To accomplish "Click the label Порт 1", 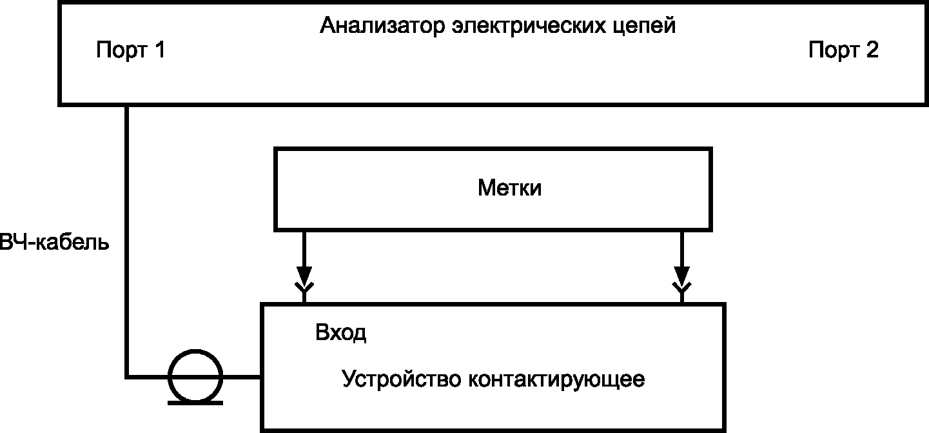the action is pos(131,50).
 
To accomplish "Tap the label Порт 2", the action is pos(843,50).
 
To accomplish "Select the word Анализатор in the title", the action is pos(382,26).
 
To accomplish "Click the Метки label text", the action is pos(509,188).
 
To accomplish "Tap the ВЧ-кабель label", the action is pos(54,242).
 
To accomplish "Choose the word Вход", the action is pos(340,332).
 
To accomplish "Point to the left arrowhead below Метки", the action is pos(304,275).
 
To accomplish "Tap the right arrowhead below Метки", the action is pos(681,275).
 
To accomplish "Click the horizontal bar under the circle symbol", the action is pos(195,403).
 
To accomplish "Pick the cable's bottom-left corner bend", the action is pos(127,377).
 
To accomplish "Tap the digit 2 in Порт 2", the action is pos(872,50).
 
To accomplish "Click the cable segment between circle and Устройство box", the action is pos(242,377).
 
